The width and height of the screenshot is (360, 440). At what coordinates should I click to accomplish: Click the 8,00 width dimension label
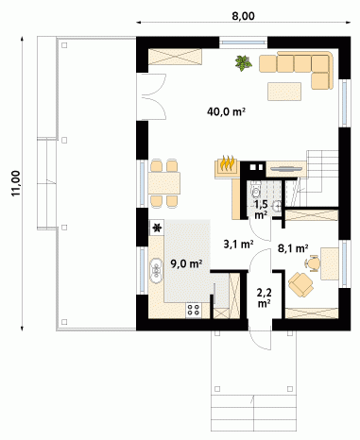coord(243,16)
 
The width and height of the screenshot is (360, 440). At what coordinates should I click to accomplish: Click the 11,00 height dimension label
coord(16,183)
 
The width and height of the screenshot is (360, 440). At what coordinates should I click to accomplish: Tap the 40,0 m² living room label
coord(226,111)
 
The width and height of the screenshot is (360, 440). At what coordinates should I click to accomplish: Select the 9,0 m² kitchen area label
coord(186,263)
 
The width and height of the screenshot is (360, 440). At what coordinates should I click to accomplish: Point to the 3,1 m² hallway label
coord(238,244)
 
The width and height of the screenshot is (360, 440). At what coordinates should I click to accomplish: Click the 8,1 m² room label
coord(293,248)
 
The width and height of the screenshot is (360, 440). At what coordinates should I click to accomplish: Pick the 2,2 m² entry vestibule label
coord(264,297)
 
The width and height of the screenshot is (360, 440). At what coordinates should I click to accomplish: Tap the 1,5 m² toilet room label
coord(261,210)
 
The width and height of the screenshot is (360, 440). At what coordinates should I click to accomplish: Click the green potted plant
coord(243,62)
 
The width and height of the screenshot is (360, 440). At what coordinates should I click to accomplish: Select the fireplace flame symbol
coord(227,162)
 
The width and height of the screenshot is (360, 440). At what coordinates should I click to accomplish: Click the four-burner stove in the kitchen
coord(194,310)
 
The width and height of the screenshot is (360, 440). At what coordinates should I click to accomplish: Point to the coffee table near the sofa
coord(284,92)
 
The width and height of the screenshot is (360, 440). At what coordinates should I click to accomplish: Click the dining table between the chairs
coord(164,183)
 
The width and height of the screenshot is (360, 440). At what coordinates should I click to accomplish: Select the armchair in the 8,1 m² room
coord(300,284)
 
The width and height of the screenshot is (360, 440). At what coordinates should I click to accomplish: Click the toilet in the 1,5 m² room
coord(256,190)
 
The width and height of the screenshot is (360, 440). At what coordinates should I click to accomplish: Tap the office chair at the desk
coord(312,263)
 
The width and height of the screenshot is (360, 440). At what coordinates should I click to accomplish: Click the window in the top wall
coord(243,42)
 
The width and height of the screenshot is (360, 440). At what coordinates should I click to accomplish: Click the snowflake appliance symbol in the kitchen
coord(157,228)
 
